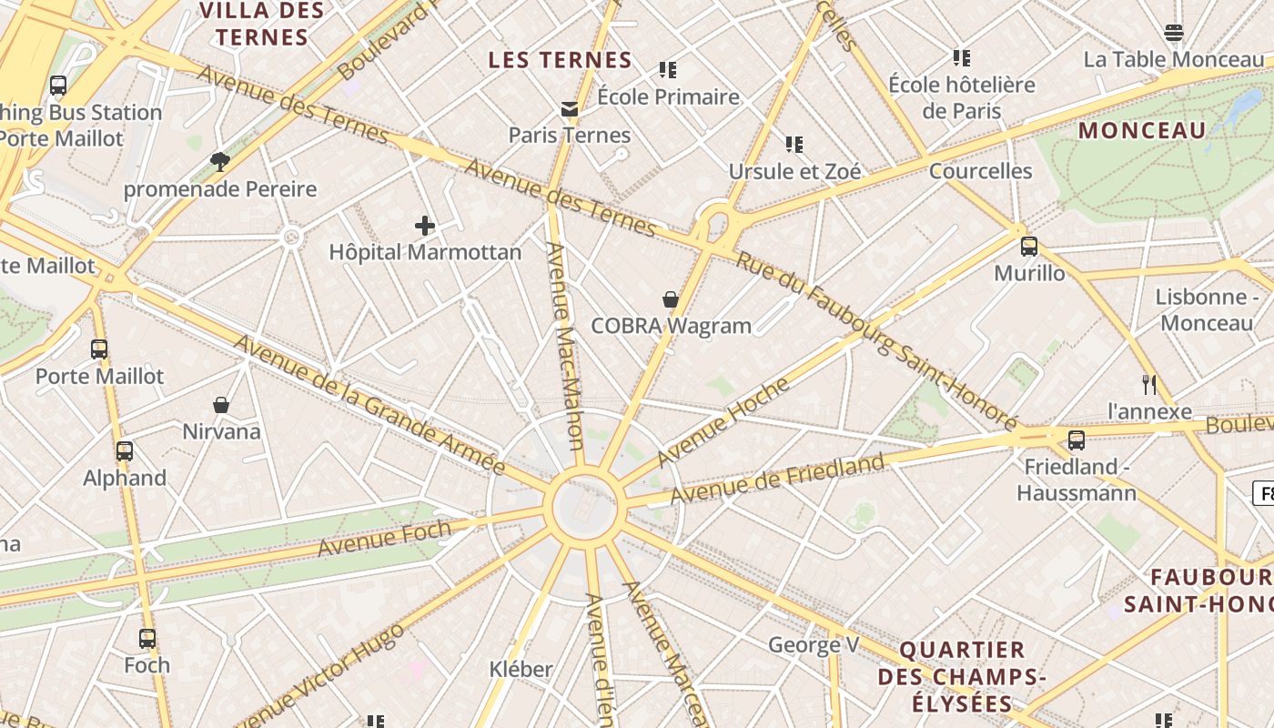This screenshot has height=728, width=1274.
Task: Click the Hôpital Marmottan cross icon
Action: tap(425, 226)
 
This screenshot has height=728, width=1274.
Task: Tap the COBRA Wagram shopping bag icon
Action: tap(671, 299)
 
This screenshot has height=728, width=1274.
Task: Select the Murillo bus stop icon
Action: tap(1029, 247)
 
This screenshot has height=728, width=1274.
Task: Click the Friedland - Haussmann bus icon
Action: tap(1077, 440)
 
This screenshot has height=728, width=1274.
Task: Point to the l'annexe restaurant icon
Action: tap(1149, 385)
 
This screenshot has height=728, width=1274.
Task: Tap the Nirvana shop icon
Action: tap(221, 405)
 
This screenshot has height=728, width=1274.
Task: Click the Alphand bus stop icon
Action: tap(125, 451)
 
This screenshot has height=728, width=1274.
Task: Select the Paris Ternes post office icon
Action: tap(570, 109)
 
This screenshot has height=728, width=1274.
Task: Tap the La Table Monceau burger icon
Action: tap(1174, 34)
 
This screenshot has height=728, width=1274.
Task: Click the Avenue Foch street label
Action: tap(384, 537)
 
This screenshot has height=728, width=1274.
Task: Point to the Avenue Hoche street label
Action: tap(723, 421)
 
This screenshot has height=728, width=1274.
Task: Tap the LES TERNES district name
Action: tap(560, 60)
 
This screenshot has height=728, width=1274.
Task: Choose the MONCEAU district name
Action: tap(1142, 130)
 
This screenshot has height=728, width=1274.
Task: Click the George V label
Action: tap(814, 645)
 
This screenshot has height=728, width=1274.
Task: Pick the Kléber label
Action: tap(521, 669)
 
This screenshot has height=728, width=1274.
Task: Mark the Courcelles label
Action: tap(980, 171)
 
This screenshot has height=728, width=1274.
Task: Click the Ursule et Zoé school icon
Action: tap(794, 144)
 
